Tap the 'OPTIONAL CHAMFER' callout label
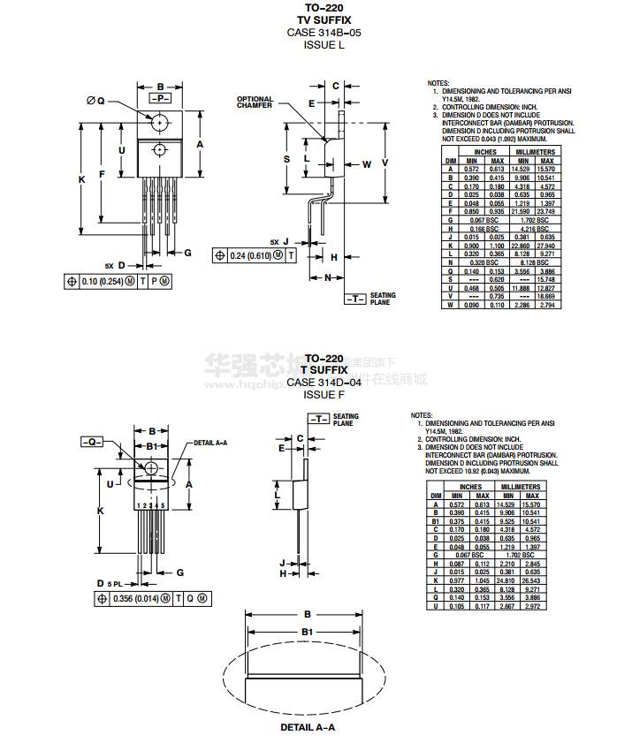pos(255,102)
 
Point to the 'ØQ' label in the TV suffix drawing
pos(95,101)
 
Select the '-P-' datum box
pos(160,98)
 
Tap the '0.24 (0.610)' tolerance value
pos(250,254)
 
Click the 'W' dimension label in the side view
pos(367,164)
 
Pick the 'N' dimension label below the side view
pos(327,277)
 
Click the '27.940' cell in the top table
pos(547,244)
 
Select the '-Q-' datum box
pos(92,441)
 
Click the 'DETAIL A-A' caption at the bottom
pos(307,727)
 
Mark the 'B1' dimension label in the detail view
pos(307,632)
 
